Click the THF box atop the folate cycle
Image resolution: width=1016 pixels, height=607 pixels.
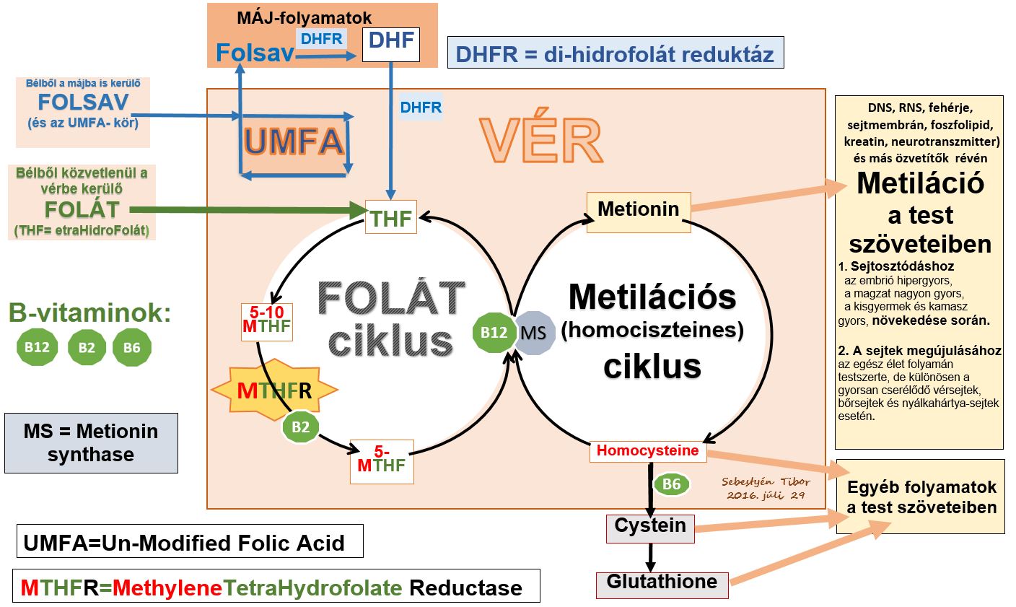[x=391, y=217]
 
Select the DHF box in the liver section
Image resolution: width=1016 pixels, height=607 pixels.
[x=391, y=43]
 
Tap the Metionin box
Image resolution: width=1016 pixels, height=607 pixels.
[x=639, y=209]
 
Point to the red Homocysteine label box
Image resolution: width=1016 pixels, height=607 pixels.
[x=648, y=451]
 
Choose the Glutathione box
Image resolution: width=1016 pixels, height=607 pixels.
[x=662, y=584]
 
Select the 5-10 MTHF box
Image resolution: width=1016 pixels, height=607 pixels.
[x=266, y=322]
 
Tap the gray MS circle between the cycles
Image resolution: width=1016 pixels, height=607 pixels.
[x=535, y=334]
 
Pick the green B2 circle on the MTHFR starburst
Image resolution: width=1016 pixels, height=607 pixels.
[x=300, y=427]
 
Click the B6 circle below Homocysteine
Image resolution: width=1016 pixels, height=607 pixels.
[x=671, y=484]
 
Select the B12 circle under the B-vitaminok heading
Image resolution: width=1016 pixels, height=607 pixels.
[x=37, y=348]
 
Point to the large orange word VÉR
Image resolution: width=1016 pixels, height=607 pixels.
[x=540, y=139]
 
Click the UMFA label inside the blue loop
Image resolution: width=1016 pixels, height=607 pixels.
[x=292, y=141]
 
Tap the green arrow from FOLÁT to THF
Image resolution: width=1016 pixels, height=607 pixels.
[x=245, y=210]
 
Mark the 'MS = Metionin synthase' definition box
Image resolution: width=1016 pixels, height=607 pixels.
[x=91, y=443]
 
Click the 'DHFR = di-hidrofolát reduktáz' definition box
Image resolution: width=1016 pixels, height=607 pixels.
[x=615, y=54]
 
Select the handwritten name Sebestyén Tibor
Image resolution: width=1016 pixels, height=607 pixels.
[x=766, y=482]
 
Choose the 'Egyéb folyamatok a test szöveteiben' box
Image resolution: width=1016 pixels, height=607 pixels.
[x=921, y=497]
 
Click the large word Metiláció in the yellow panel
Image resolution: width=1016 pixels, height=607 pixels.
[x=920, y=184]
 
